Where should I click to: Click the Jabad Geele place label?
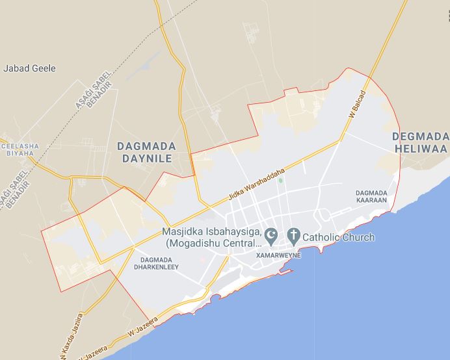pyautogui.click(x=30, y=68)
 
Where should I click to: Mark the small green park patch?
pyautogui.click(x=280, y=180)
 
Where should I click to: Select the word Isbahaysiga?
pyautogui.click(x=233, y=232)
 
